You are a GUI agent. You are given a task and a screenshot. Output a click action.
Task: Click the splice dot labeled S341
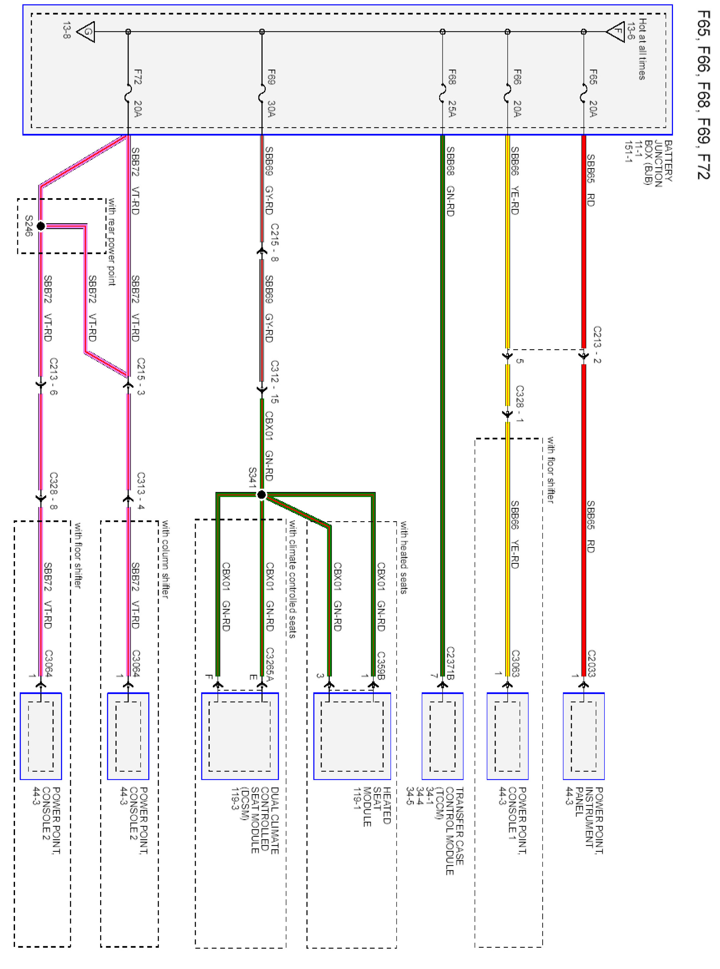pos(261,494)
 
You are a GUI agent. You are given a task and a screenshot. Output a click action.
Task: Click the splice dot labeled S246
pos(40,226)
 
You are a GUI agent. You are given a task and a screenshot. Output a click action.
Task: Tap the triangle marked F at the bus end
pos(616,31)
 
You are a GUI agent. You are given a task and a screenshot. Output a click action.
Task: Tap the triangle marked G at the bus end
pos(86,31)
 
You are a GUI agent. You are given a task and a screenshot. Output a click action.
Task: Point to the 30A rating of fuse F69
pos(271,109)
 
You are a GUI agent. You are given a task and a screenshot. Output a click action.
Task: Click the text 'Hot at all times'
pos(642,49)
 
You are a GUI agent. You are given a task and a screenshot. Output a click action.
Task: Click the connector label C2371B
pos(450,663)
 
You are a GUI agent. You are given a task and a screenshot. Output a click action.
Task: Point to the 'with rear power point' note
pos(112,242)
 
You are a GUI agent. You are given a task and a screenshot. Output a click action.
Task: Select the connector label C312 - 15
pos(274,381)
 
